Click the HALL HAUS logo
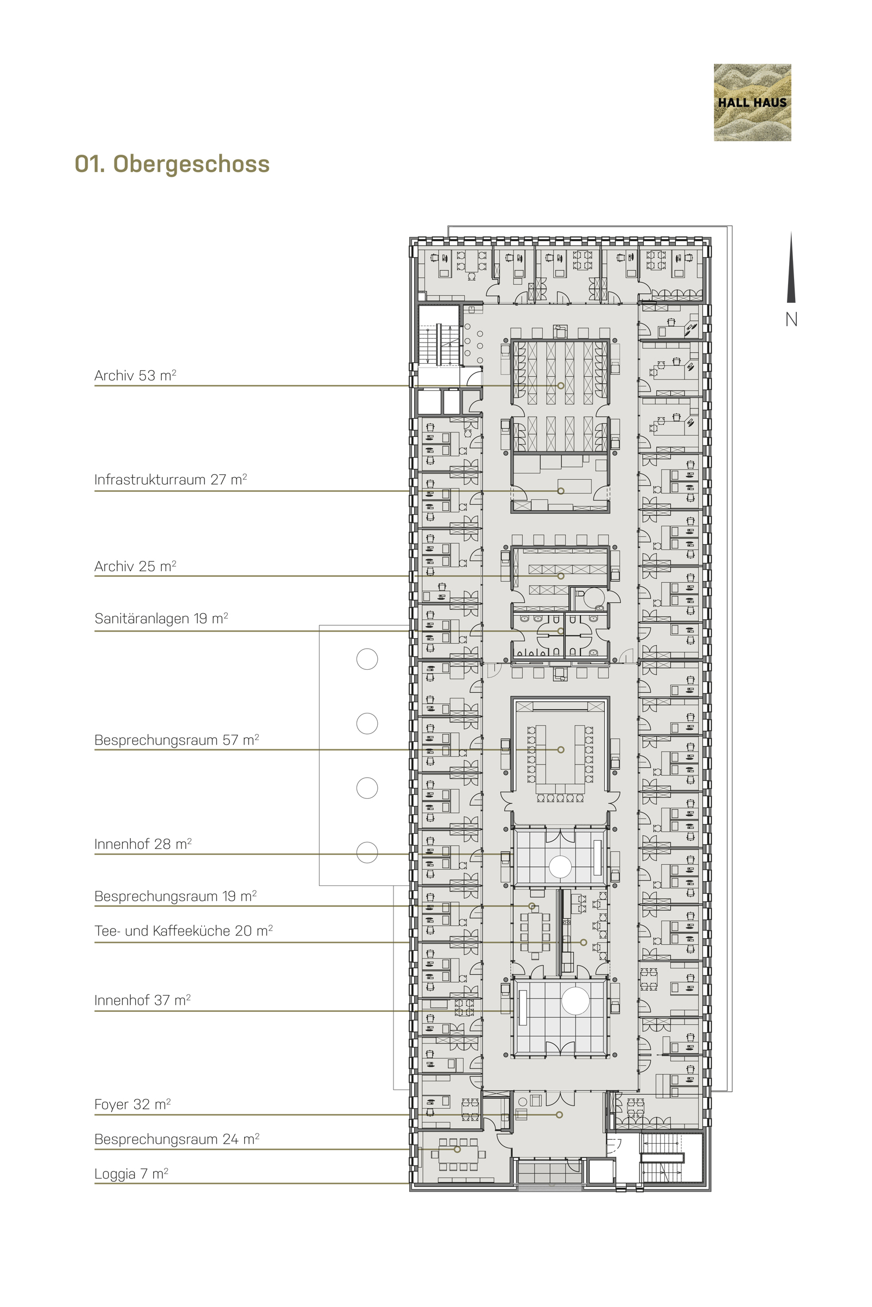coord(752,102)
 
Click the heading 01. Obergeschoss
coord(172,164)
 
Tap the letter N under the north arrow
coord(791,320)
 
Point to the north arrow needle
coord(791,267)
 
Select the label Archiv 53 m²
coord(135,376)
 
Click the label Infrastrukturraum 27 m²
coord(171,480)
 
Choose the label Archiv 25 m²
coord(135,566)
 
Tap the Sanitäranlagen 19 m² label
coord(161,619)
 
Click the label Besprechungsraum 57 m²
coord(177,740)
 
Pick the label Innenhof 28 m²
coord(143,844)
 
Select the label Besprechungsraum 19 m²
coord(175,896)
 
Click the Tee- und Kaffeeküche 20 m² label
coord(184,931)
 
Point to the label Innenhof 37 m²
coord(142,1000)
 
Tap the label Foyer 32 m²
coord(132,1104)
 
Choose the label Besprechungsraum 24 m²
coord(177,1139)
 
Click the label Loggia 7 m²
coord(131,1174)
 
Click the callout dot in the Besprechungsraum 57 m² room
coord(561,750)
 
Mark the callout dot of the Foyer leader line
coord(560,1115)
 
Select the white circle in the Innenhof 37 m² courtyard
coord(575,1001)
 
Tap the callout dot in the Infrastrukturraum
coord(561,491)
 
